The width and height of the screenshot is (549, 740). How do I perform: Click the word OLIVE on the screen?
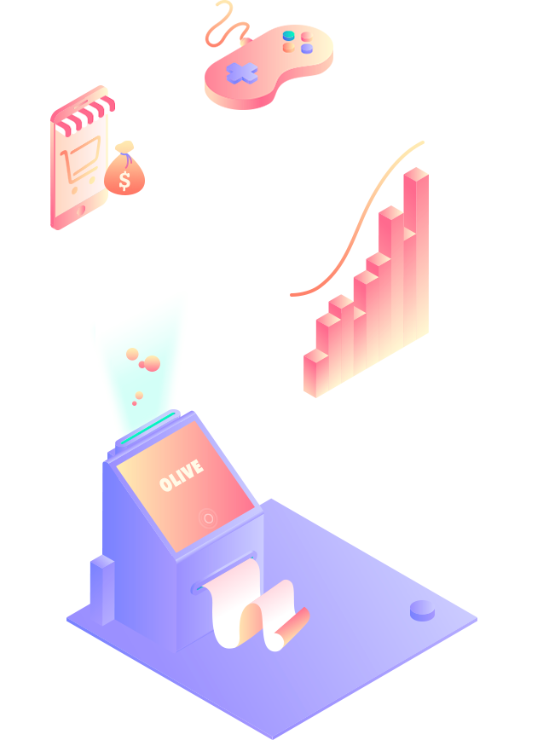click(x=181, y=476)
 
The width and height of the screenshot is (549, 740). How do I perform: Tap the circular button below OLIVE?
click(x=208, y=517)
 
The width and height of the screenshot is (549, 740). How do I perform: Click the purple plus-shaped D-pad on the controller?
click(x=242, y=73)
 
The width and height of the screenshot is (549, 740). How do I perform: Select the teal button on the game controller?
click(x=289, y=36)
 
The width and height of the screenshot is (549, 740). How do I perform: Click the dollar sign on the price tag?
click(x=125, y=180)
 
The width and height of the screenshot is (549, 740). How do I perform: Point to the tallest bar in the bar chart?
click(x=415, y=256)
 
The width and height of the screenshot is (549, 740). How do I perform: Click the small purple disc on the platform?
click(x=422, y=610)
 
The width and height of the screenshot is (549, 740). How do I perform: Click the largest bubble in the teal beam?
click(x=152, y=364)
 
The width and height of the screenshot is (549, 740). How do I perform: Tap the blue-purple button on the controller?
click(x=307, y=49)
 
